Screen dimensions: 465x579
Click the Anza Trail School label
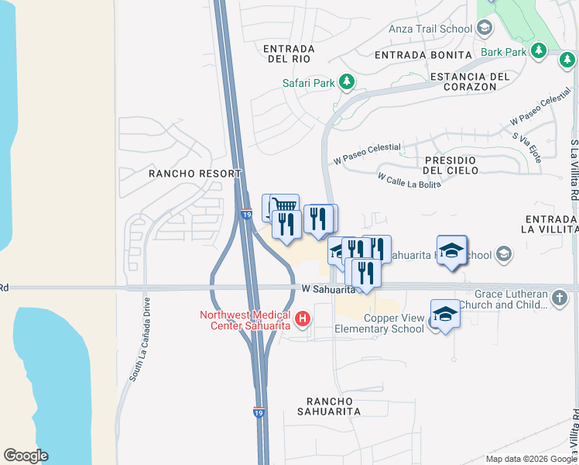(x=435, y=29)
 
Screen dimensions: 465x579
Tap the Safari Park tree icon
(x=348, y=81)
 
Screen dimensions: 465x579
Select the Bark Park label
(x=503, y=53)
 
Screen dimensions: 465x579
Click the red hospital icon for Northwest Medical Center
(x=303, y=318)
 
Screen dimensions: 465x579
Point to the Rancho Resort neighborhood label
(x=194, y=174)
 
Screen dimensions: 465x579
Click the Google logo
(x=26, y=456)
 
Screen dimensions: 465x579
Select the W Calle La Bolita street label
(x=409, y=180)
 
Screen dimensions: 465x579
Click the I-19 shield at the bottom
(x=259, y=413)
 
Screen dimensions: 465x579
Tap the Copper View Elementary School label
(x=379, y=323)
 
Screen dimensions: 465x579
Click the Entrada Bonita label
(x=423, y=55)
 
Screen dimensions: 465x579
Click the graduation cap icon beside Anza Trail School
(x=485, y=29)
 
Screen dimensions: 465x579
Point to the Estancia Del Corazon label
(x=470, y=81)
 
